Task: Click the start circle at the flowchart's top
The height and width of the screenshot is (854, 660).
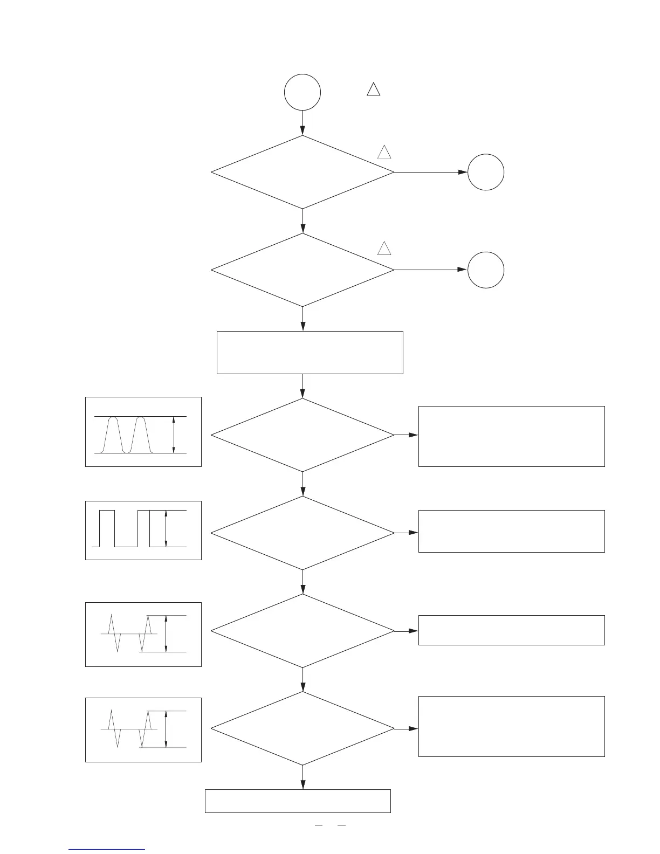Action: click(302, 92)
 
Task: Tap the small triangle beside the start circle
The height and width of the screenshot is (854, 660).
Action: click(373, 89)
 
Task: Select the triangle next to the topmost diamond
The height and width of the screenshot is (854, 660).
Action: click(384, 152)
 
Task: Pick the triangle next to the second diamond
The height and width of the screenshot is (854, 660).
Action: click(384, 248)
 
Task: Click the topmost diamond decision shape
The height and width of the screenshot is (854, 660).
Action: click(302, 172)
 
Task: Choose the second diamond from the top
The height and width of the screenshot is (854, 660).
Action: click(302, 270)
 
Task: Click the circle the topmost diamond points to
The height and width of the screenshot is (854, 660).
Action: click(486, 172)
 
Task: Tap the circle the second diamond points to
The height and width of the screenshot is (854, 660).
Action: click(486, 270)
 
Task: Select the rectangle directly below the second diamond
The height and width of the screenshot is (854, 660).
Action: click(310, 353)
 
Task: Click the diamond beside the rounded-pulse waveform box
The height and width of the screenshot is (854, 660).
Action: click(302, 435)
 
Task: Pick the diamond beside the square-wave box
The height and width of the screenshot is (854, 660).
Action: click(302, 533)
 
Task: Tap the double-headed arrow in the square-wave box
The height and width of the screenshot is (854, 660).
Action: click(166, 528)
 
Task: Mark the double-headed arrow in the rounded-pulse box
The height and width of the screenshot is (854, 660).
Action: click(174, 435)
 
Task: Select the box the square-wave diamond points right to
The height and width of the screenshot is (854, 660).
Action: click(511, 531)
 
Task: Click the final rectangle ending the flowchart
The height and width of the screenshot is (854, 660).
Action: click(298, 801)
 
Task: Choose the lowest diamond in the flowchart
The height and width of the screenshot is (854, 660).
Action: click(302, 728)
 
